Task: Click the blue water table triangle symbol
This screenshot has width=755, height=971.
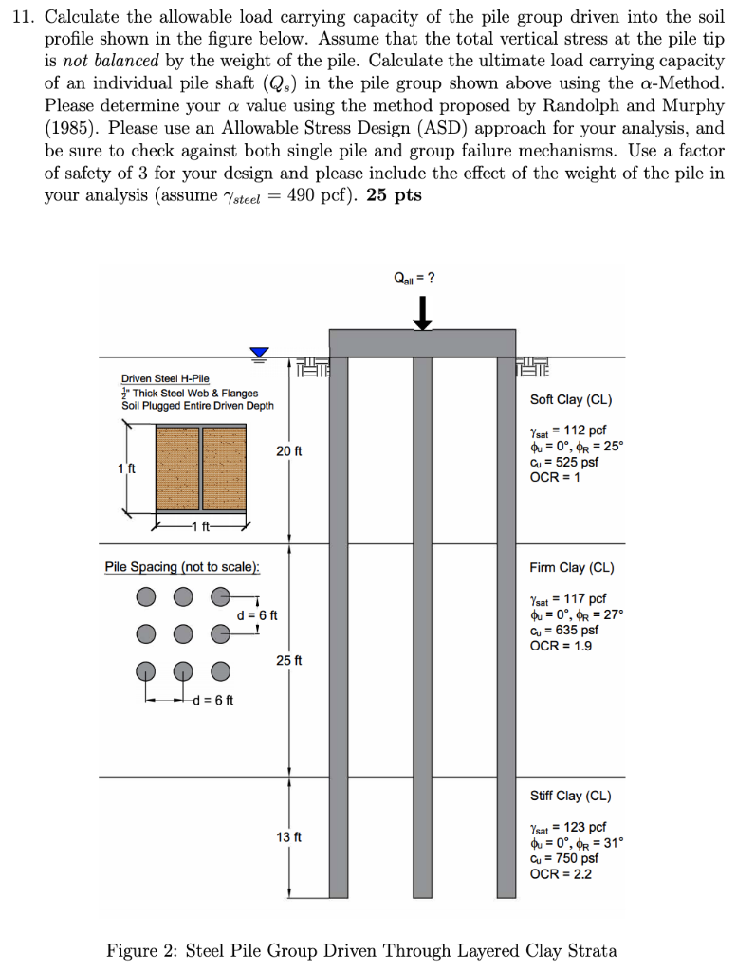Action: click(259, 353)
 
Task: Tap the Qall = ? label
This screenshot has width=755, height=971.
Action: click(415, 278)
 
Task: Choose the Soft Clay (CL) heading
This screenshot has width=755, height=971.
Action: click(571, 399)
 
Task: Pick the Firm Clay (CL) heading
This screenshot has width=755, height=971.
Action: click(571, 568)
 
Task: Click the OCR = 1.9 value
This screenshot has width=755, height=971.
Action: click(561, 645)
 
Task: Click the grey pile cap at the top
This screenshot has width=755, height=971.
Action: click(422, 342)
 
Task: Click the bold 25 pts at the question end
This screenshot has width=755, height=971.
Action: click(394, 195)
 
